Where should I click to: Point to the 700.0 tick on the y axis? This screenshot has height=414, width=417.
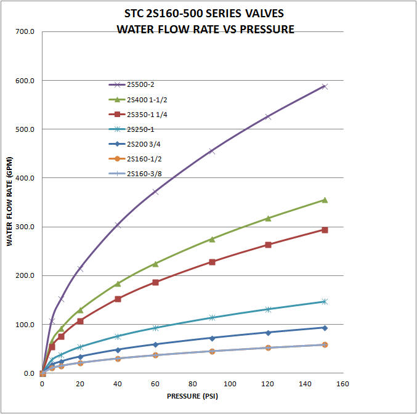24,31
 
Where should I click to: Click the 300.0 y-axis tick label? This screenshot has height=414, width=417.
24,227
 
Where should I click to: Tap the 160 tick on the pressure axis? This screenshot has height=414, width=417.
343,384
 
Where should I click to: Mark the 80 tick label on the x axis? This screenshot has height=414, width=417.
193,384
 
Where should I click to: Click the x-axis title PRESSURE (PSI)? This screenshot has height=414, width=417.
192,396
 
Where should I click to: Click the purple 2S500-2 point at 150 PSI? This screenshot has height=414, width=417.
325,87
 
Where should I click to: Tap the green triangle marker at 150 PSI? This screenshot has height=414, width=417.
325,200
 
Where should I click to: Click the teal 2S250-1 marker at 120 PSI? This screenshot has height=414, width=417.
268,309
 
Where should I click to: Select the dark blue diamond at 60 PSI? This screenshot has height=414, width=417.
155,344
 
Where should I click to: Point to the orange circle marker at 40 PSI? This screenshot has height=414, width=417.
118,359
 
